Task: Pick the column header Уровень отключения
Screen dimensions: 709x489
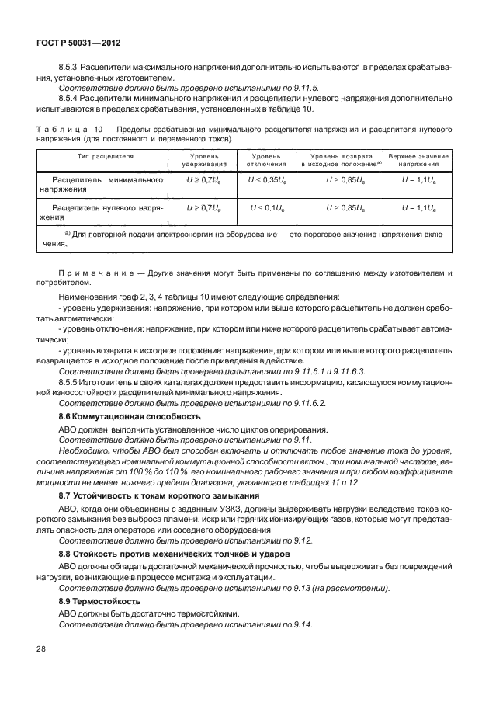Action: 260,161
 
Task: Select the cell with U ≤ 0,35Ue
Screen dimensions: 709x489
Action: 262,179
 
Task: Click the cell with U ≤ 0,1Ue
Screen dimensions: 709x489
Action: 262,208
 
